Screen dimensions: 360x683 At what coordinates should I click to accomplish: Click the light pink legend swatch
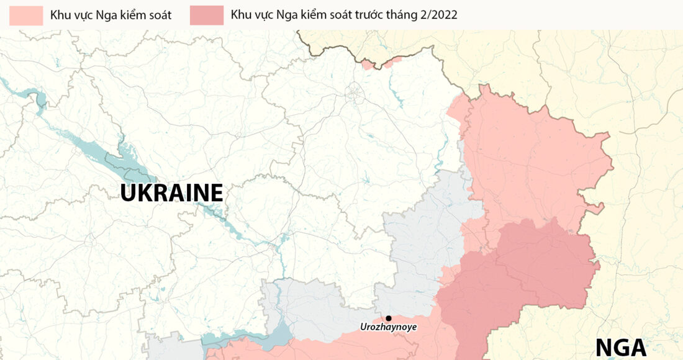coord(26,16)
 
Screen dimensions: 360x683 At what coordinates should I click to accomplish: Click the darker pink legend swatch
coord(207,16)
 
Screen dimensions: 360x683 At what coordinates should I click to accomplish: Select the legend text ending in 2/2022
coord(343,15)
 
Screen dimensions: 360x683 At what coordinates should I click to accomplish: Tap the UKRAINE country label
coord(171,193)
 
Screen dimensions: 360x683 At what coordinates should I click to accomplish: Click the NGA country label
coord(622,348)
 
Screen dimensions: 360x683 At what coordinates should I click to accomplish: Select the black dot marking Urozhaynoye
coord(389,318)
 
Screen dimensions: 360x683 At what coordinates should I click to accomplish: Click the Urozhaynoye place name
coord(388,327)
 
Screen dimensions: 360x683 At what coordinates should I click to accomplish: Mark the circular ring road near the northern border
coord(355,94)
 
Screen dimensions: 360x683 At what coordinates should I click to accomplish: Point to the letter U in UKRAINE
coord(129,193)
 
